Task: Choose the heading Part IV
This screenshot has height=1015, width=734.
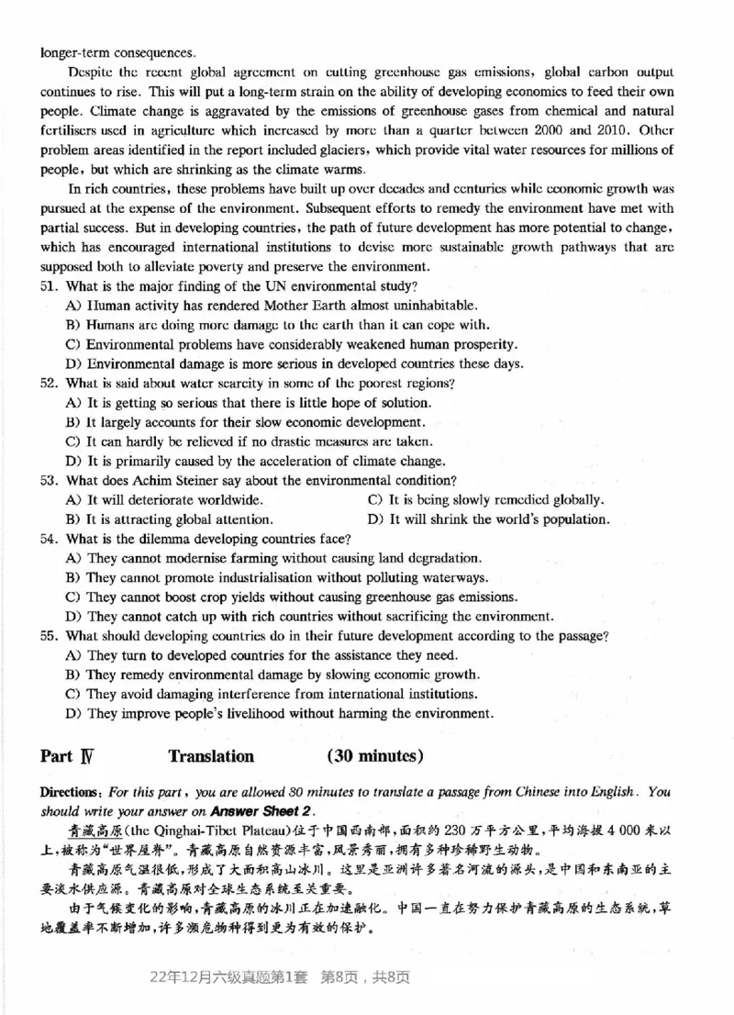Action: [68, 756]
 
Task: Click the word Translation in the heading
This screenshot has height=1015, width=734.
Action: [211, 756]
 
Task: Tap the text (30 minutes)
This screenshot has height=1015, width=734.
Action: [374, 756]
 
